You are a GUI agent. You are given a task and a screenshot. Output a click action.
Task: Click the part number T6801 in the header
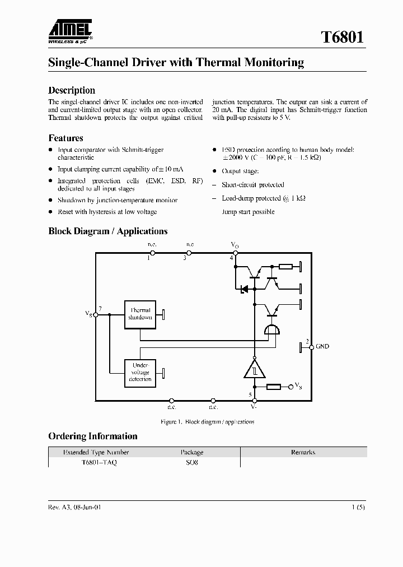tap(343, 38)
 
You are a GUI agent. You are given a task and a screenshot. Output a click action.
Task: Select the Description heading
tap(72, 90)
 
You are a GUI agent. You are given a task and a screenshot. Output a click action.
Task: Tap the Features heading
tap(65, 138)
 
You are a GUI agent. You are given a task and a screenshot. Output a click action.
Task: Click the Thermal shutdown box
tap(140, 314)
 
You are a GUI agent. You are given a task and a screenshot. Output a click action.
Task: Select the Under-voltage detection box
tap(140, 372)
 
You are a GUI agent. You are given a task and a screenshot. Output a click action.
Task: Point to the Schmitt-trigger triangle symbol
tap(255, 369)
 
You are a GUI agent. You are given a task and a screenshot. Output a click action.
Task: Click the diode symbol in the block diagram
tap(244, 289)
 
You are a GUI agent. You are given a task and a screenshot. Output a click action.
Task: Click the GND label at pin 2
tap(322, 346)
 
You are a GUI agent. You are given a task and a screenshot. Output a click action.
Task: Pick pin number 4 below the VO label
tap(231, 258)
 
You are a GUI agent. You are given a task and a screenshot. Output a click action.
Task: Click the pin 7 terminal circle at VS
tap(96, 315)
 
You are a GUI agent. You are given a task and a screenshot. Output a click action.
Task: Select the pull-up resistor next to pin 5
tap(274, 387)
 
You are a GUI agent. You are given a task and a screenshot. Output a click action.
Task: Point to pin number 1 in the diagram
tap(149, 258)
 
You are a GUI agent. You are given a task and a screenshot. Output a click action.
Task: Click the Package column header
tap(191, 452)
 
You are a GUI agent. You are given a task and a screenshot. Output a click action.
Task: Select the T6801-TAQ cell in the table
tap(99, 463)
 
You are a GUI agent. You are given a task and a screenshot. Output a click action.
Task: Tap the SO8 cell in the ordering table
tap(192, 463)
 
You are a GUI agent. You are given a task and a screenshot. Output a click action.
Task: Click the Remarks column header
tap(303, 452)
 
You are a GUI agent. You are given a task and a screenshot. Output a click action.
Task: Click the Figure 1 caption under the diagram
tap(207, 422)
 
